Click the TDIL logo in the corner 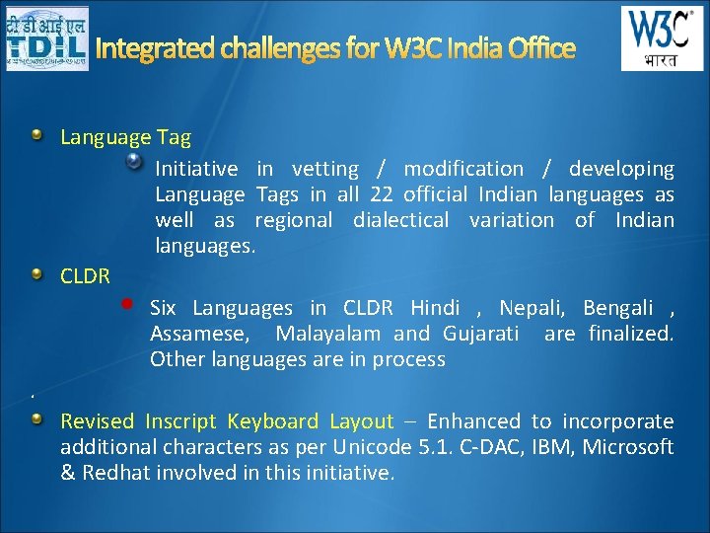45,38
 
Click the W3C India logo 662,38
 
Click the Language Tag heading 125,137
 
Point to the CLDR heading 85,276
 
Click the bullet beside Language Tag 36,135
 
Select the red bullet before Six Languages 127,305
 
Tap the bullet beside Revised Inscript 36,419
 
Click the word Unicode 367,447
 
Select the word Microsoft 628,447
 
